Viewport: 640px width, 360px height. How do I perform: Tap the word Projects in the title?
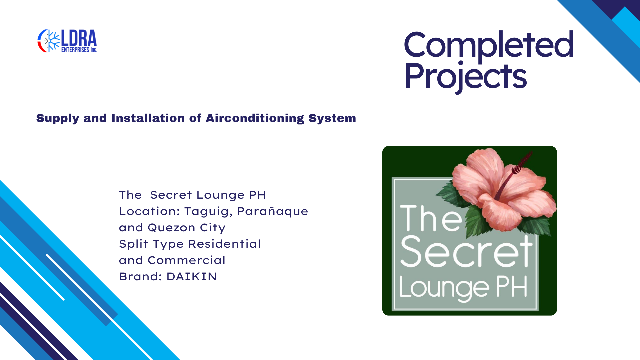(466, 77)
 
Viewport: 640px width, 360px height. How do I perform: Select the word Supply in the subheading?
(57, 119)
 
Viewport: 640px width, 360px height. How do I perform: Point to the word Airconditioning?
(255, 119)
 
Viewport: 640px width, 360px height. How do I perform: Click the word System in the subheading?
(332, 119)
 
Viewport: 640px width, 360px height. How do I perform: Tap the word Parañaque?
(273, 212)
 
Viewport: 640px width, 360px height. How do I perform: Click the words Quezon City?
(187, 228)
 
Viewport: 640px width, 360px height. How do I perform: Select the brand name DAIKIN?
(192, 277)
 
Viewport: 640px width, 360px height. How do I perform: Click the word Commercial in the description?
(187, 260)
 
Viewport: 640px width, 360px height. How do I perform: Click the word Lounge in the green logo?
(444, 288)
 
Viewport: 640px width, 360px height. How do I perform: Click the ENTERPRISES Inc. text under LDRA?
(79, 50)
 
